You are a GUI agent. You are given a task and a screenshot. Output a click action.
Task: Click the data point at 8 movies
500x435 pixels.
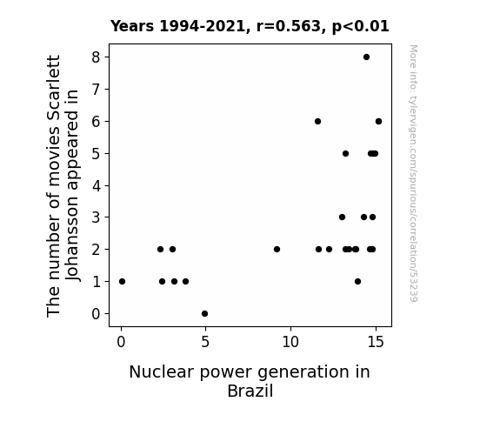point(366,57)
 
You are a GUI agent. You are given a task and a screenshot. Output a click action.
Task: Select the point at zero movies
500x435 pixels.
point(204,314)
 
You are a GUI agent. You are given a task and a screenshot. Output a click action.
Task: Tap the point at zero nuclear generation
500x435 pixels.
point(122,282)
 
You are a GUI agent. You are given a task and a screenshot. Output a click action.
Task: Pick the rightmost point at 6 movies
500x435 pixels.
point(378,121)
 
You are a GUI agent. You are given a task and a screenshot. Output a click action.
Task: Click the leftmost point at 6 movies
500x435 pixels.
point(317,121)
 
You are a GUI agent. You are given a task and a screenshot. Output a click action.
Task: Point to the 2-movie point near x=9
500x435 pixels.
point(277,250)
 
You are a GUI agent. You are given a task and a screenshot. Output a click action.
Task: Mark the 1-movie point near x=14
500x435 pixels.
point(357,282)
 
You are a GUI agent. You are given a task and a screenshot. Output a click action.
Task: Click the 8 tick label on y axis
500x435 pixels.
point(96,57)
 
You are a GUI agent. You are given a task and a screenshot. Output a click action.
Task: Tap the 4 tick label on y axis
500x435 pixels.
point(96,185)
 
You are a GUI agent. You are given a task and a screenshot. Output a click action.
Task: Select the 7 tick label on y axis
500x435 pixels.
point(96,90)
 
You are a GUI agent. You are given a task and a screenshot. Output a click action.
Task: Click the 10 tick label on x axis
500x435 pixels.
point(290,342)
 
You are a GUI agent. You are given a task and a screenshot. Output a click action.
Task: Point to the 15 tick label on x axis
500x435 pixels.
point(376,342)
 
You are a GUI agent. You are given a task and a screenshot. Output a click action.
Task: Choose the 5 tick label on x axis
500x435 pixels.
point(205,342)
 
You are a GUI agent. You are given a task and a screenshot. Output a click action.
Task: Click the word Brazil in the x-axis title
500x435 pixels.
point(250,391)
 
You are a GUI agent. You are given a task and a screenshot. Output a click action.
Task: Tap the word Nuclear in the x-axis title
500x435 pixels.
point(162,372)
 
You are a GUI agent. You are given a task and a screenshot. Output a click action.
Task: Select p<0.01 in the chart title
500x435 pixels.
point(361,27)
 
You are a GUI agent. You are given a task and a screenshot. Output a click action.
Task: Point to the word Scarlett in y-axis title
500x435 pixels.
point(53,90)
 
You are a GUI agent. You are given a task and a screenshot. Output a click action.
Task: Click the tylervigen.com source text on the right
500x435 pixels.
point(413,173)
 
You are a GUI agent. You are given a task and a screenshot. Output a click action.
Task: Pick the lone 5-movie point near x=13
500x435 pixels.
point(345,153)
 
